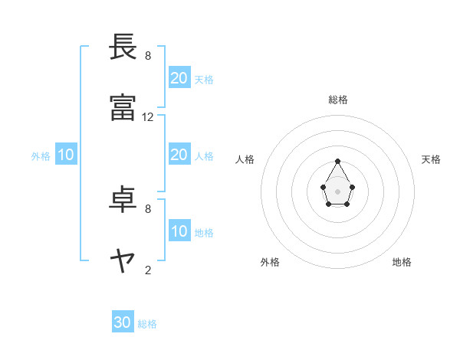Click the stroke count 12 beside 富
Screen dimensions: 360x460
(x=148, y=117)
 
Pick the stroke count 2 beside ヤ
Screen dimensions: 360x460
(x=148, y=270)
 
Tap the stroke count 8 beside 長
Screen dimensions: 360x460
(x=148, y=56)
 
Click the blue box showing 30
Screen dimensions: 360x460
(x=123, y=322)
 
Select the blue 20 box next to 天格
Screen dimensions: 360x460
(x=179, y=78)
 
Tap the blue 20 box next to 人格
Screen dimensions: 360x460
(x=179, y=155)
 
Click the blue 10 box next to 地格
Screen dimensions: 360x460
(x=179, y=231)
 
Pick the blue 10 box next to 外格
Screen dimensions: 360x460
(x=66, y=155)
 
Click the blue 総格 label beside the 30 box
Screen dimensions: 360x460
(x=147, y=324)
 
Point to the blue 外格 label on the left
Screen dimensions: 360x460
(x=41, y=156)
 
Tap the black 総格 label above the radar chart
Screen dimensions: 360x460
(x=338, y=100)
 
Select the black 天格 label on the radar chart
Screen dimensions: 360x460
(x=431, y=159)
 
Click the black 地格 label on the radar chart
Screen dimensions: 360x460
(x=402, y=262)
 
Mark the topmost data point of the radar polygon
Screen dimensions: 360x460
(x=338, y=161)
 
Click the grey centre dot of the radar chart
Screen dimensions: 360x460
(x=338, y=191)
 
